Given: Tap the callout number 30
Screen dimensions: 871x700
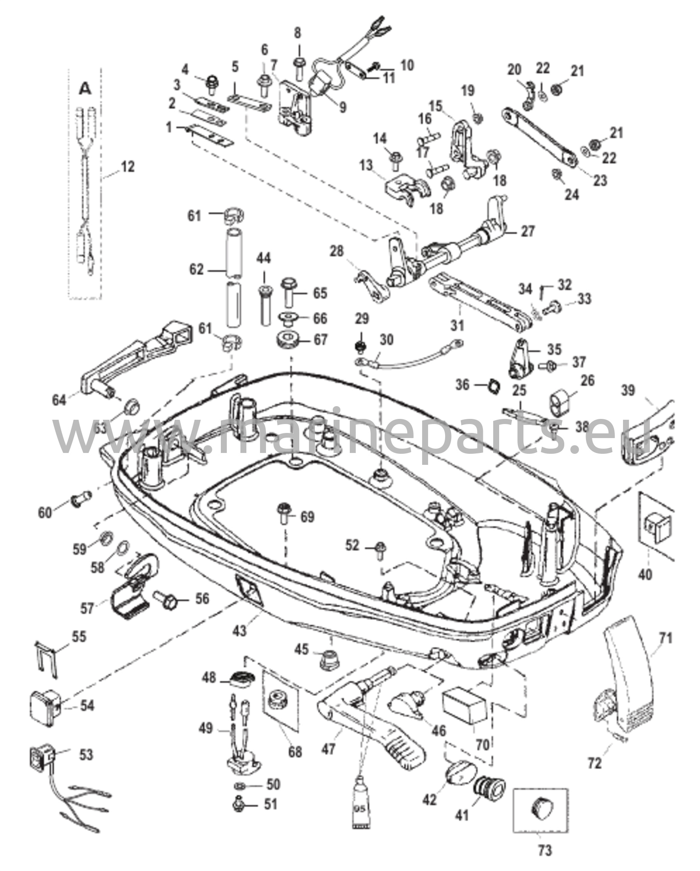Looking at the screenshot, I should coord(386,339).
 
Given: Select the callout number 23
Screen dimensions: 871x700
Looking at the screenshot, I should coord(600,180).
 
